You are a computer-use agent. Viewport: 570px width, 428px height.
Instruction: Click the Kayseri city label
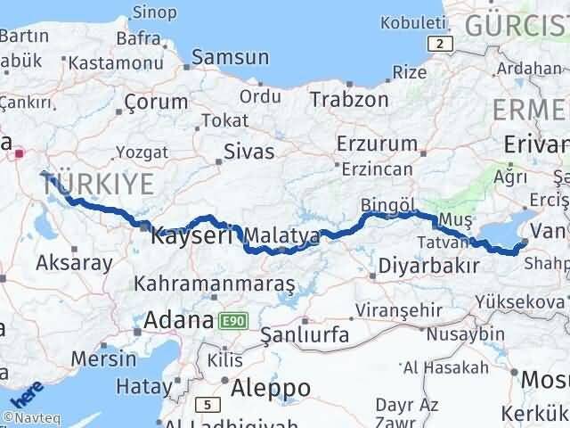pos(193,237)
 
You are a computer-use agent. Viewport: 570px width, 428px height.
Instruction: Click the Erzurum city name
pos(377,143)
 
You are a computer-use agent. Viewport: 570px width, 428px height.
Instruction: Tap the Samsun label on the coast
pos(230,57)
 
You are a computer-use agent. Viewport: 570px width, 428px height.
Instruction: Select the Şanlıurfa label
pos(304,335)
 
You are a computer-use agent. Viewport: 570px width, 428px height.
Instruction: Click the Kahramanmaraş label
pos(215,284)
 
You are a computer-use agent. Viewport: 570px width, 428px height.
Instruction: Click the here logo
pos(28,391)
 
